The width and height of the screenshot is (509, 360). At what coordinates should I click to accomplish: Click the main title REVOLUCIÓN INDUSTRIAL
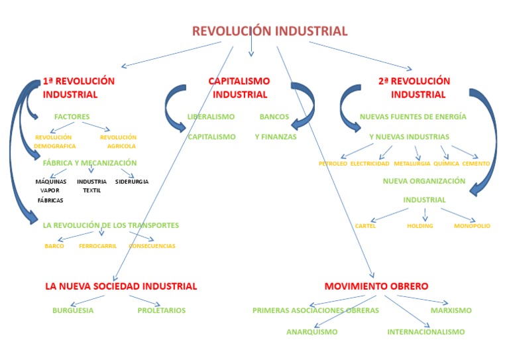tap(270, 31)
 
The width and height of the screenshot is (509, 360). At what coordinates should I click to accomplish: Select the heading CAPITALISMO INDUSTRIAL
tap(239, 88)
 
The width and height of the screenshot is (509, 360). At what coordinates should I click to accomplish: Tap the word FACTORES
tap(72, 117)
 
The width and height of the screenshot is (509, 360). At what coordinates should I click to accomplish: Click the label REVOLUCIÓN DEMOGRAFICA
tap(55, 141)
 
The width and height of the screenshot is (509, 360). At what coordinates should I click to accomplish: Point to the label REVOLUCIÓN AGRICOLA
tap(118, 141)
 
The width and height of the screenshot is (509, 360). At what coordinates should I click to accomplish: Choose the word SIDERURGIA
tap(132, 181)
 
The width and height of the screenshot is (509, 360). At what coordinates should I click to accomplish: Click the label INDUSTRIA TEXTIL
tap(91, 186)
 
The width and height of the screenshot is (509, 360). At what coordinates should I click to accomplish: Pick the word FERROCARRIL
tap(97, 246)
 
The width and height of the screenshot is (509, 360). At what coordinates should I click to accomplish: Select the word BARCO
tap(54, 246)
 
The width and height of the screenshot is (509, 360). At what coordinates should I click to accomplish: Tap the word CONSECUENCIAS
tap(152, 246)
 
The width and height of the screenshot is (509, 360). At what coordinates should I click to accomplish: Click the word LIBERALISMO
tap(211, 117)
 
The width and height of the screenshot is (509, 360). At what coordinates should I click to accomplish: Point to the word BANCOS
tap(274, 117)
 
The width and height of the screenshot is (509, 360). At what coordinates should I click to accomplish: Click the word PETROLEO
tap(333, 163)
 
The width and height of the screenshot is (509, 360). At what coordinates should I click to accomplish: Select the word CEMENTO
tap(476, 163)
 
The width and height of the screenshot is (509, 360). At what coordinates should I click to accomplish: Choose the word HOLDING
tap(420, 226)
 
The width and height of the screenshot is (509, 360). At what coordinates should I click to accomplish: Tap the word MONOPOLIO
tap(472, 226)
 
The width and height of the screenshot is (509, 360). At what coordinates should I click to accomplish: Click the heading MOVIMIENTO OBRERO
tap(376, 286)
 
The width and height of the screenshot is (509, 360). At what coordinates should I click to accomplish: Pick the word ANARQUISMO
tap(312, 331)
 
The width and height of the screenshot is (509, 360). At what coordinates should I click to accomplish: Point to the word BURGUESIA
tap(73, 310)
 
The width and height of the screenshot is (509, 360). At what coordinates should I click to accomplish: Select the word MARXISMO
tap(451, 310)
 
